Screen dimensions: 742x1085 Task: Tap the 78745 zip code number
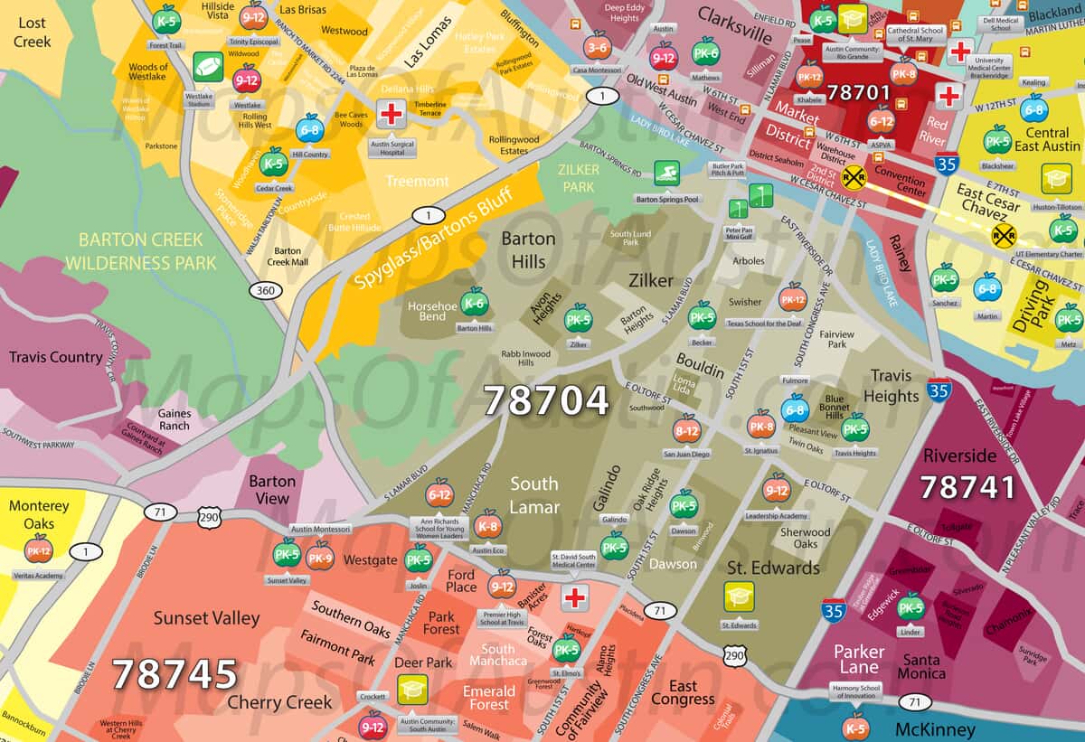175,674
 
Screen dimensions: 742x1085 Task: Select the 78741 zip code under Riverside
967,487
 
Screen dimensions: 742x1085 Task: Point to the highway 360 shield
265,290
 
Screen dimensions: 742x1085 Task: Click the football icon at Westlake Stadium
207,66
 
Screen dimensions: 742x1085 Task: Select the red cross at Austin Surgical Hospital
391,115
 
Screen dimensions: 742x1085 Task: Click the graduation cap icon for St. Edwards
739,595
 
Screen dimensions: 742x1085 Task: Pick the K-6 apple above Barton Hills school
474,302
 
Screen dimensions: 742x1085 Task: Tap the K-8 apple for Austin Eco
487,523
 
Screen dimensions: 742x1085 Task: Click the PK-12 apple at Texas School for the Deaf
792,296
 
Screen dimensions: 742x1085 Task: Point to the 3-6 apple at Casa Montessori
597,45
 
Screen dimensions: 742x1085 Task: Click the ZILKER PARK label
578,177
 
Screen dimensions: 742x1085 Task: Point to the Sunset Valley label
206,618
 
